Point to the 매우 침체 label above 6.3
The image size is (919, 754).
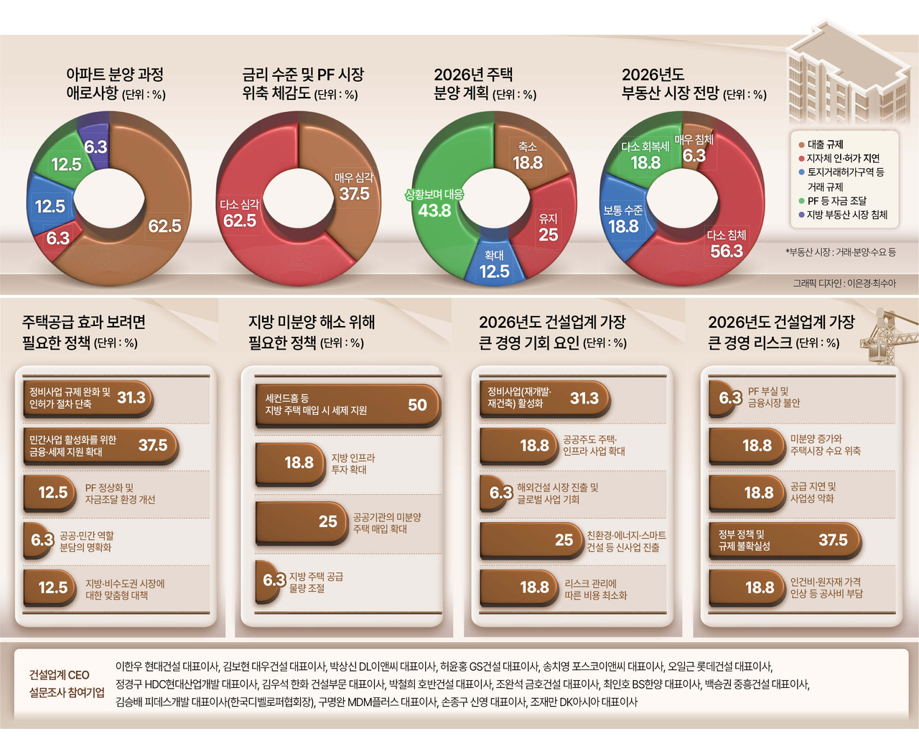click(x=694, y=139)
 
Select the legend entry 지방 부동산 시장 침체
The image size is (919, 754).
click(x=846, y=215)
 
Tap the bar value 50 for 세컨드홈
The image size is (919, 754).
click(x=417, y=405)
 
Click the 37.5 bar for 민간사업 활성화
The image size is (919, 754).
click(x=101, y=446)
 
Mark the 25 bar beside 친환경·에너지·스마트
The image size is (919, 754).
click(x=532, y=541)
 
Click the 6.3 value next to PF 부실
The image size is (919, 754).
click(x=729, y=398)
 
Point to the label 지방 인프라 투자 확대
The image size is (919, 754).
click(x=353, y=464)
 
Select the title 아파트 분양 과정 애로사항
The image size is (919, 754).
click(x=115, y=84)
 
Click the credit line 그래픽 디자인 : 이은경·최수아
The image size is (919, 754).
click(x=844, y=284)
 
